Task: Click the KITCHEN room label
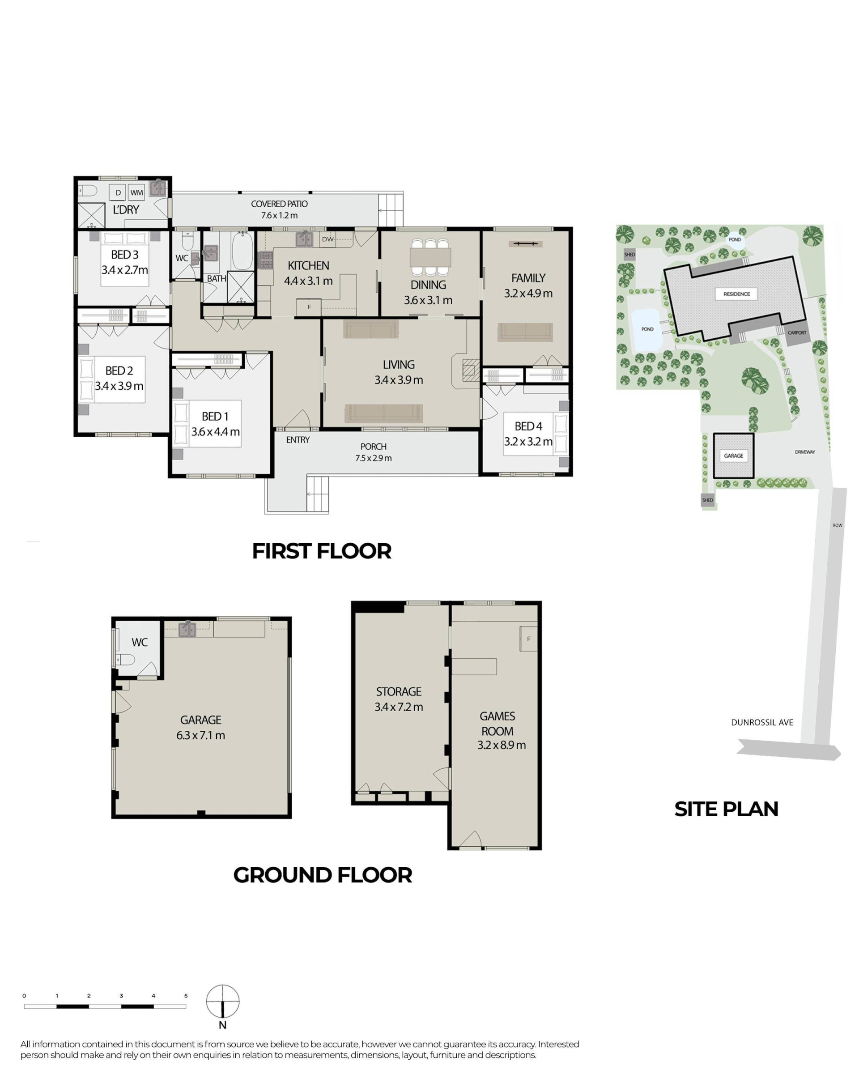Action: [308, 265]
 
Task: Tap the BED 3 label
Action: [124, 255]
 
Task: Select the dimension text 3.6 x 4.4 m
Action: [215, 432]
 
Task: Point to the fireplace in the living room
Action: [471, 370]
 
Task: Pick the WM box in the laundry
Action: [136, 192]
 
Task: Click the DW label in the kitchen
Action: [327, 239]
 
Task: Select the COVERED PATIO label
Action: [279, 204]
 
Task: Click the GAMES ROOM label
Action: [497, 724]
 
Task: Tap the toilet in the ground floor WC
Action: [125, 661]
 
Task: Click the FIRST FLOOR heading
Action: [322, 551]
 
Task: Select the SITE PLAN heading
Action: [726, 809]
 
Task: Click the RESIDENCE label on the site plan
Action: [736, 294]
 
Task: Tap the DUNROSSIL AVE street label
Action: [762, 722]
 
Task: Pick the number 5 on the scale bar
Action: [186, 996]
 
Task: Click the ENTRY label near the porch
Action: [298, 440]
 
